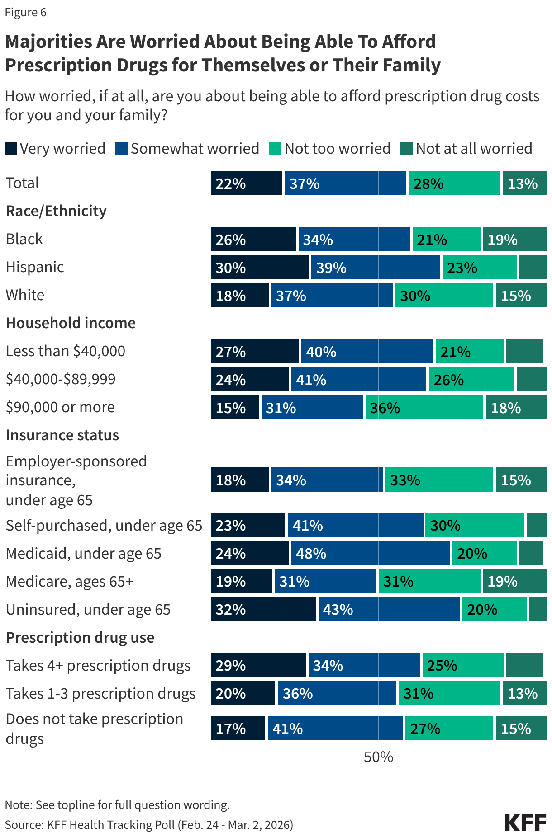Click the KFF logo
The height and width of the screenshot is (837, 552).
525,823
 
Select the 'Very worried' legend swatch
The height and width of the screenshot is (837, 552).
11,148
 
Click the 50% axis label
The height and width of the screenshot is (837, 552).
378,757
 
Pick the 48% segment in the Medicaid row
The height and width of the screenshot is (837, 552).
370,553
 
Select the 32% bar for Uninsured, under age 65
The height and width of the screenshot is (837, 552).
263,609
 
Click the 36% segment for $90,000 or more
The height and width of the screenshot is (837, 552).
424,408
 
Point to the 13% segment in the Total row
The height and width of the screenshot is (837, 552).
524,183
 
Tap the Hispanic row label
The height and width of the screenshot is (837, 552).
35,267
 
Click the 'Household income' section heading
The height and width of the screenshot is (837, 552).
71,323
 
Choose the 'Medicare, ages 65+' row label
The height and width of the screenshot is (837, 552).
70,582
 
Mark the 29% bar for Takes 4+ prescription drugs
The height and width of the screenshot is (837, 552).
258,665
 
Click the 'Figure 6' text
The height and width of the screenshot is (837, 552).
26,12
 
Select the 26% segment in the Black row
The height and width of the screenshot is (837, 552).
253,240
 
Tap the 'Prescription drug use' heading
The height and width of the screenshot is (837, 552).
80,638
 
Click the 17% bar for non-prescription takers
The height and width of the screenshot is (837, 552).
238,729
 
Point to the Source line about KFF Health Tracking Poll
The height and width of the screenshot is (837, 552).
149,825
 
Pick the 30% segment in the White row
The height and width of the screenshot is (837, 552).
444,296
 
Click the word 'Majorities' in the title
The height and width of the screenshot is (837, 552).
48,42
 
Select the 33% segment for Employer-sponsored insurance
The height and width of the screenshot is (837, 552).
439,480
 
